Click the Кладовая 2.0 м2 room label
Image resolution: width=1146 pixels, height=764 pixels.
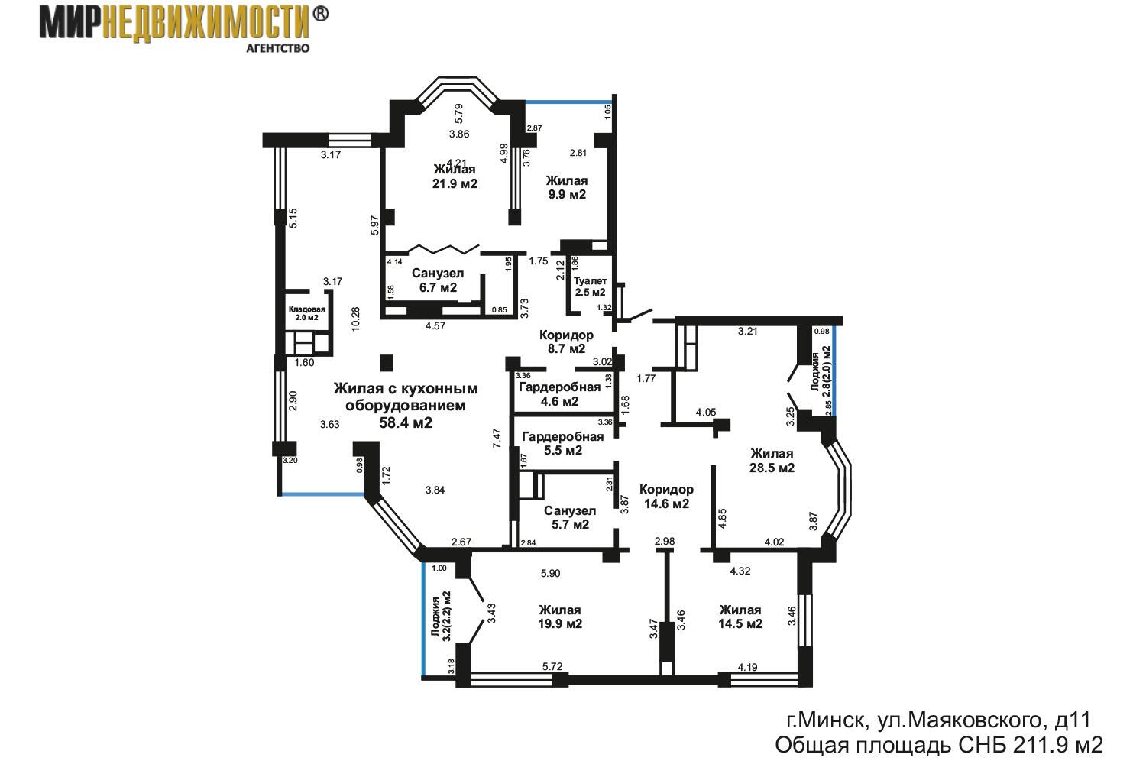pos(307,313)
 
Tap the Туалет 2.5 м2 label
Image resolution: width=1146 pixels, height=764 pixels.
pos(590,286)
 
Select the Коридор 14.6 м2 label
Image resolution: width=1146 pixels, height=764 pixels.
pos(666,497)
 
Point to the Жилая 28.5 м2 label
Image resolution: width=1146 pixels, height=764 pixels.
pos(772,461)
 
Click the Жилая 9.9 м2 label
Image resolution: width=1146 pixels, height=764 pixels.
pos(567,187)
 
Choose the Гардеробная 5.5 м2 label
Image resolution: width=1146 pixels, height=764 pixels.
pos(563,443)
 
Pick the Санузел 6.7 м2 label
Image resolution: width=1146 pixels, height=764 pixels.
pos(438,280)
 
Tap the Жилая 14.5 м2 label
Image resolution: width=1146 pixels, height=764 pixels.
pos(740,617)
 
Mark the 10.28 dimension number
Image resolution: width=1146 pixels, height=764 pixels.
pos(356,319)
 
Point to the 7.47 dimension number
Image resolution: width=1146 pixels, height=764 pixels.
pos(497,439)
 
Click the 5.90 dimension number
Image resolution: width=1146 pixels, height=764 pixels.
pos(551,573)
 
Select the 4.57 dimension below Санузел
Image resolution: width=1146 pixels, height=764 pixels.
pos(435,325)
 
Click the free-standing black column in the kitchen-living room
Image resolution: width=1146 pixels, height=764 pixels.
pos(387,363)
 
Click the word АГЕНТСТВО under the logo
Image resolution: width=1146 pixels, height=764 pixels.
pos(278,48)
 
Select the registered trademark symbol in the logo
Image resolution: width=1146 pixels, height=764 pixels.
pos(320,14)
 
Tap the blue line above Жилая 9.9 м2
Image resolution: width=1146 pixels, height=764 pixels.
pos(569,102)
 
